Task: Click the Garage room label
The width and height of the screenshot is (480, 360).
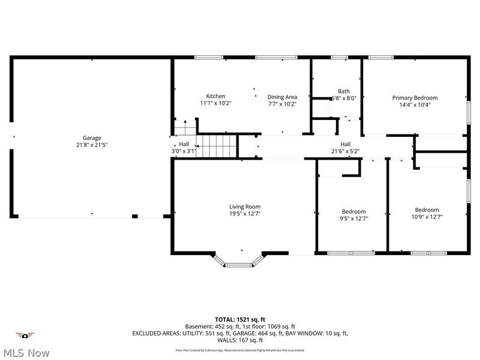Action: click(x=92, y=137)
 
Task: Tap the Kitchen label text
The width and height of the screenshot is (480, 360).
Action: click(x=216, y=96)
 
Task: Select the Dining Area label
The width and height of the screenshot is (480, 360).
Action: click(x=282, y=96)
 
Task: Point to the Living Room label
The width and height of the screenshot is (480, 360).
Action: click(x=244, y=206)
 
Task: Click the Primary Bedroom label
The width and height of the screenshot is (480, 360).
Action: click(x=415, y=97)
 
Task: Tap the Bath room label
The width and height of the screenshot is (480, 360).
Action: click(x=344, y=91)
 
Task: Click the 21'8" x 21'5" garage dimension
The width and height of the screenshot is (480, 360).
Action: click(x=92, y=145)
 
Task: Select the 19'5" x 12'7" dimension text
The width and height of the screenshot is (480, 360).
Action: click(x=244, y=214)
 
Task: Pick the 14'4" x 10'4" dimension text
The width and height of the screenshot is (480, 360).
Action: click(x=415, y=104)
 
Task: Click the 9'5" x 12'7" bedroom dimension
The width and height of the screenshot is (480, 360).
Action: click(x=353, y=218)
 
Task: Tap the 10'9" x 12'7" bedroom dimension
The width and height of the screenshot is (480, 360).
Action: click(x=427, y=217)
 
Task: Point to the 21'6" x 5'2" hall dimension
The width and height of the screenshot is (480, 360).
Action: click(x=346, y=151)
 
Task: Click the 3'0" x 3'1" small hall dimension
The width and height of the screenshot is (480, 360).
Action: click(x=184, y=151)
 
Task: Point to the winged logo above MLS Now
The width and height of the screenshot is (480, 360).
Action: click(x=25, y=335)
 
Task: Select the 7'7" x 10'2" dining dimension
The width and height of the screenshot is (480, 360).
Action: click(x=282, y=103)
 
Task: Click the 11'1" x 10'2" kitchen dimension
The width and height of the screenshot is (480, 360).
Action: click(x=216, y=103)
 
